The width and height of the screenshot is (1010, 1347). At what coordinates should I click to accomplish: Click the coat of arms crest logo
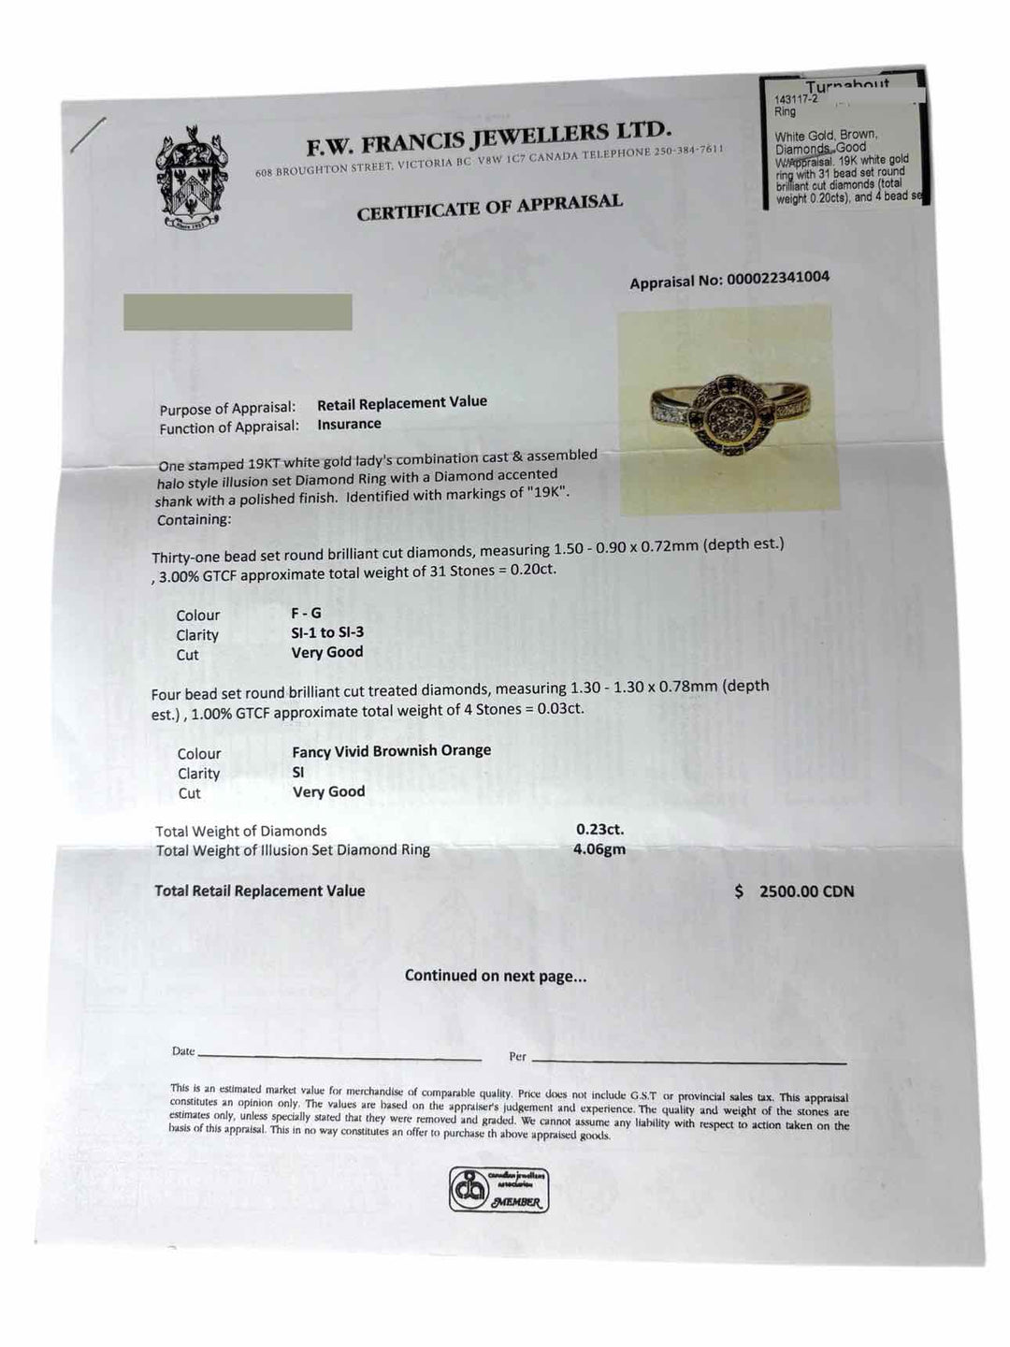194,181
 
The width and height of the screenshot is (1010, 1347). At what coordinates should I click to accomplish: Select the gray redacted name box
238,311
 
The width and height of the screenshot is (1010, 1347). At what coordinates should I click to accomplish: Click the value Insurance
349,424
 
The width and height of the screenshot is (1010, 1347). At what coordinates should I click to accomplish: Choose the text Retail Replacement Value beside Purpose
402,403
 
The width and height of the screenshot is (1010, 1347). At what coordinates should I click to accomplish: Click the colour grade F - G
306,613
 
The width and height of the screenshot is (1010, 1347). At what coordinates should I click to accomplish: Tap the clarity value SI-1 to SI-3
327,632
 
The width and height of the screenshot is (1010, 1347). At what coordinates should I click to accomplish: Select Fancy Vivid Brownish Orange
391,750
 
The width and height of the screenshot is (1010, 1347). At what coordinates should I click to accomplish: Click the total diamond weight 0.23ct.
599,829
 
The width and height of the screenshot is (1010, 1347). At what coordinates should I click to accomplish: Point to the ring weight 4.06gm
599,849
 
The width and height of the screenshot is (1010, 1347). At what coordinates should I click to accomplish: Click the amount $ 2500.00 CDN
795,891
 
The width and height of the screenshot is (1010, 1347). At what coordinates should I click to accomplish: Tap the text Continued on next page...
496,976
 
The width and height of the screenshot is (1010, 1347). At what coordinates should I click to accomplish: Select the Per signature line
688,1062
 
